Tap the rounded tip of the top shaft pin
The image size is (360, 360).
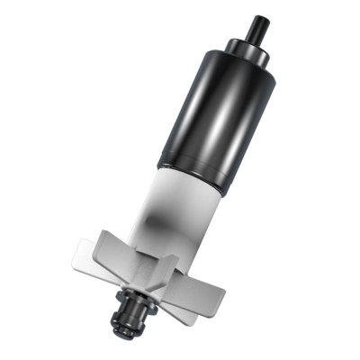[x=262, y=17]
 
